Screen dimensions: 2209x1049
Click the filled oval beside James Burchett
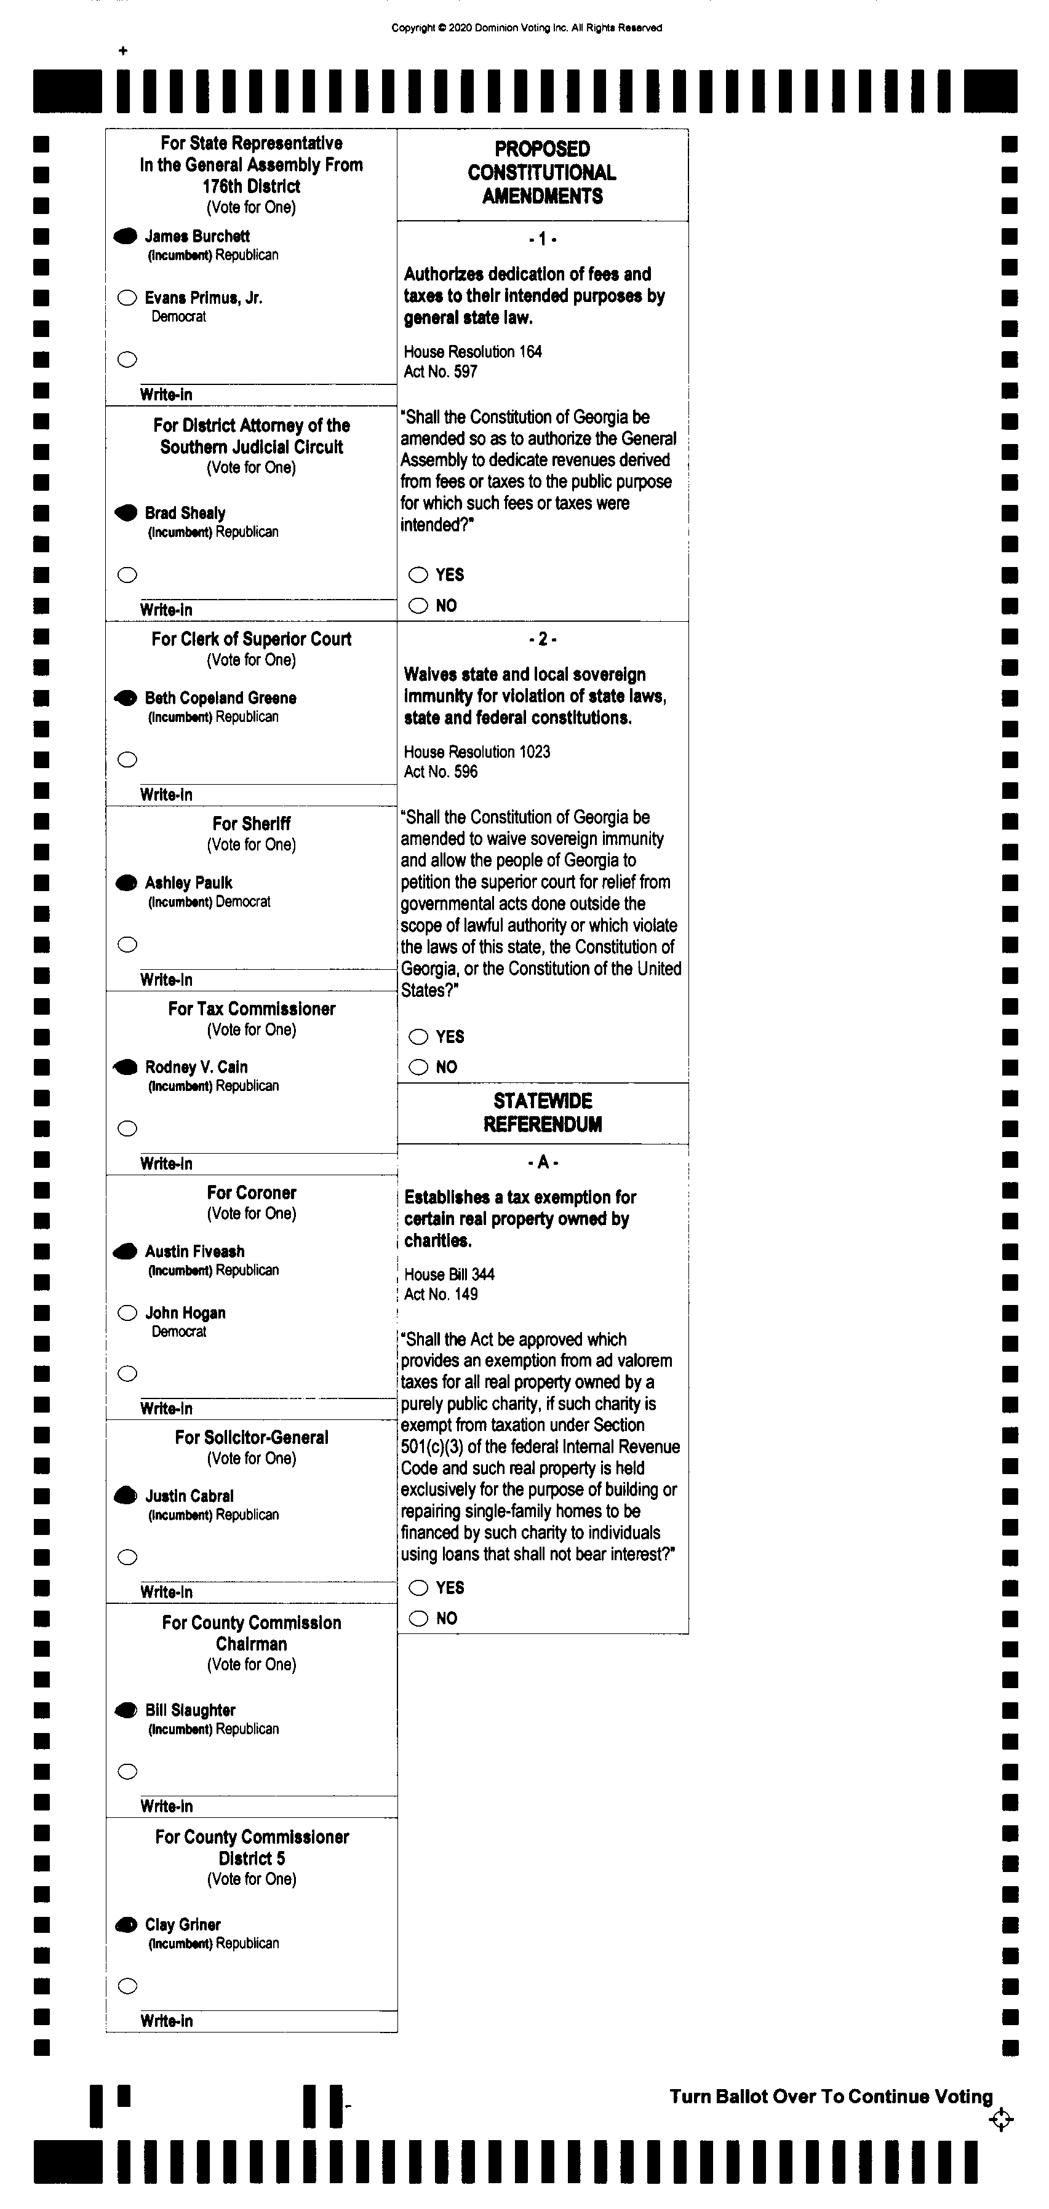click(126, 236)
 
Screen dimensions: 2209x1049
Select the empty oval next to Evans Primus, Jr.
click(127, 298)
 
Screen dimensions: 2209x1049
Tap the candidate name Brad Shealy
click(185, 513)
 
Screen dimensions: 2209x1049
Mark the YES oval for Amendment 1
click(418, 574)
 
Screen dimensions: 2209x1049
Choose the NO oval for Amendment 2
click(418, 1067)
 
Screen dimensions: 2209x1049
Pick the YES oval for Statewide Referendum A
click(418, 1587)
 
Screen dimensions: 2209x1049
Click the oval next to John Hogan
click(127, 1313)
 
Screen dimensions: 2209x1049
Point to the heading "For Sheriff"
click(251, 823)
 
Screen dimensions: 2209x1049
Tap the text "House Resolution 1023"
click(477, 752)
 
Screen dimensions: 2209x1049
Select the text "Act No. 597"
click(440, 371)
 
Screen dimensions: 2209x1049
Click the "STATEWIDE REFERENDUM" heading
click(542, 1112)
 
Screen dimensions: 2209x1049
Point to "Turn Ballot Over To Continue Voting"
click(831, 2096)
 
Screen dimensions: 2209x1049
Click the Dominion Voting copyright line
click(527, 28)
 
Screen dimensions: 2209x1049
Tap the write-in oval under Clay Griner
click(127, 1986)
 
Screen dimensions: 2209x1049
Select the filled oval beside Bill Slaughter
click(126, 1710)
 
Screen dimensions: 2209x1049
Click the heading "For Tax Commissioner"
click(251, 1009)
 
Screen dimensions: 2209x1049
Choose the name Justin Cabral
click(189, 1496)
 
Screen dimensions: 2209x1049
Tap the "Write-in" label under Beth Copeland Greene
click(166, 794)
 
